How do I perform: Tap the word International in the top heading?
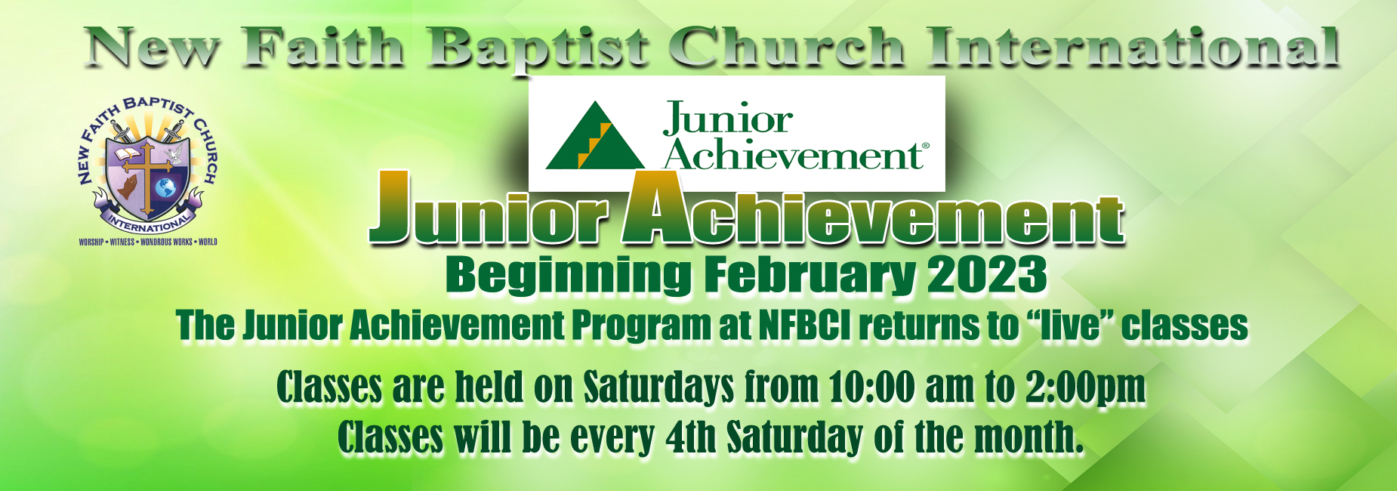tap(1134, 47)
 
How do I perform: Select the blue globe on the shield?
tap(166, 186)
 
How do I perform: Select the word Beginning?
tap(568, 276)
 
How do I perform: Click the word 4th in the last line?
tap(691, 438)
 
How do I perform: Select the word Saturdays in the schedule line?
tap(658, 388)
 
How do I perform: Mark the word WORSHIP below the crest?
tap(91, 242)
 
